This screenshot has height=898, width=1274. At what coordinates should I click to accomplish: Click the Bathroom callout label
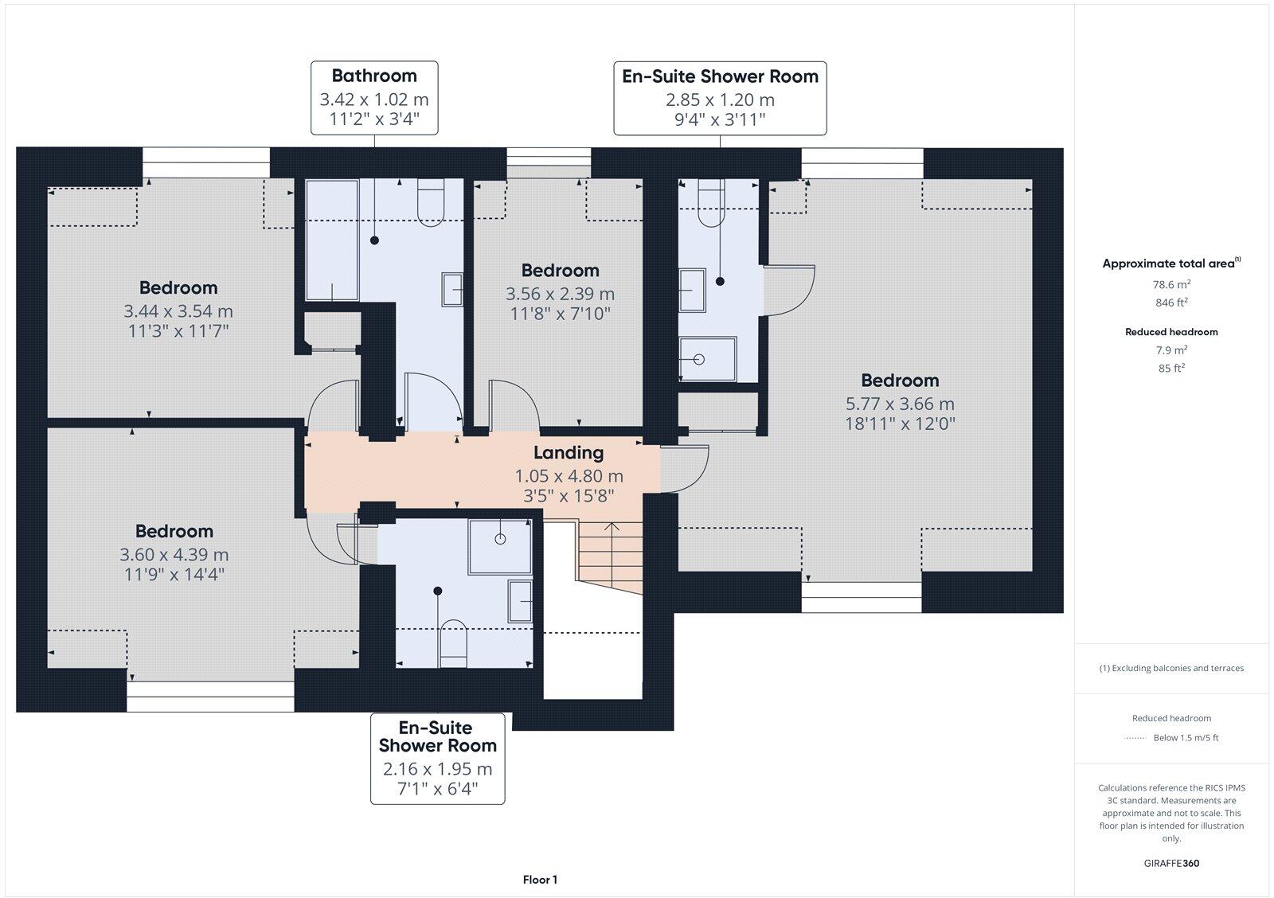pyautogui.click(x=374, y=76)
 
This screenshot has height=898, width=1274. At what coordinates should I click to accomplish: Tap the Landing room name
pyautogui.click(x=568, y=453)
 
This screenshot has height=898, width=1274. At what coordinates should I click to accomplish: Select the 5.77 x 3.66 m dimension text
pyautogui.click(x=900, y=404)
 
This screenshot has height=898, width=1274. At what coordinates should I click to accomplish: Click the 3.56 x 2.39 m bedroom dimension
pyautogui.click(x=560, y=294)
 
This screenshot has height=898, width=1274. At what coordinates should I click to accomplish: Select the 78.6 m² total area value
pyautogui.click(x=1171, y=284)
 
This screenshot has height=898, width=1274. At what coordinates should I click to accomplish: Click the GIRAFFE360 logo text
pyautogui.click(x=1171, y=863)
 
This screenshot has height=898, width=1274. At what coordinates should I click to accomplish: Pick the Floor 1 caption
pyautogui.click(x=540, y=880)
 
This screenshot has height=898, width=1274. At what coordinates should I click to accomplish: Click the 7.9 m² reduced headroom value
pyautogui.click(x=1171, y=350)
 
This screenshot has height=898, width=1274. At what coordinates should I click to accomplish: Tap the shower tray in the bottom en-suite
pyautogui.click(x=500, y=546)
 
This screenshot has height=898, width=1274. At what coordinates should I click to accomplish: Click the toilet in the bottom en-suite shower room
pyautogui.click(x=453, y=641)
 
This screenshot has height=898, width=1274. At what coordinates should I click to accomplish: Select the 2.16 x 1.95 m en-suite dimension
pyautogui.click(x=437, y=770)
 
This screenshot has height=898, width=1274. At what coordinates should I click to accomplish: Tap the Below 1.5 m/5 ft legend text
pyautogui.click(x=1186, y=738)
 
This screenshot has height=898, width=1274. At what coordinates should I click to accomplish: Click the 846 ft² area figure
pyautogui.click(x=1171, y=303)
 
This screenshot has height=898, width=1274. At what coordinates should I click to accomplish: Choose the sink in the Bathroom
pyautogui.click(x=452, y=289)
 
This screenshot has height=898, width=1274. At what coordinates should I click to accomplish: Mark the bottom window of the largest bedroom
pyautogui.click(x=861, y=597)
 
